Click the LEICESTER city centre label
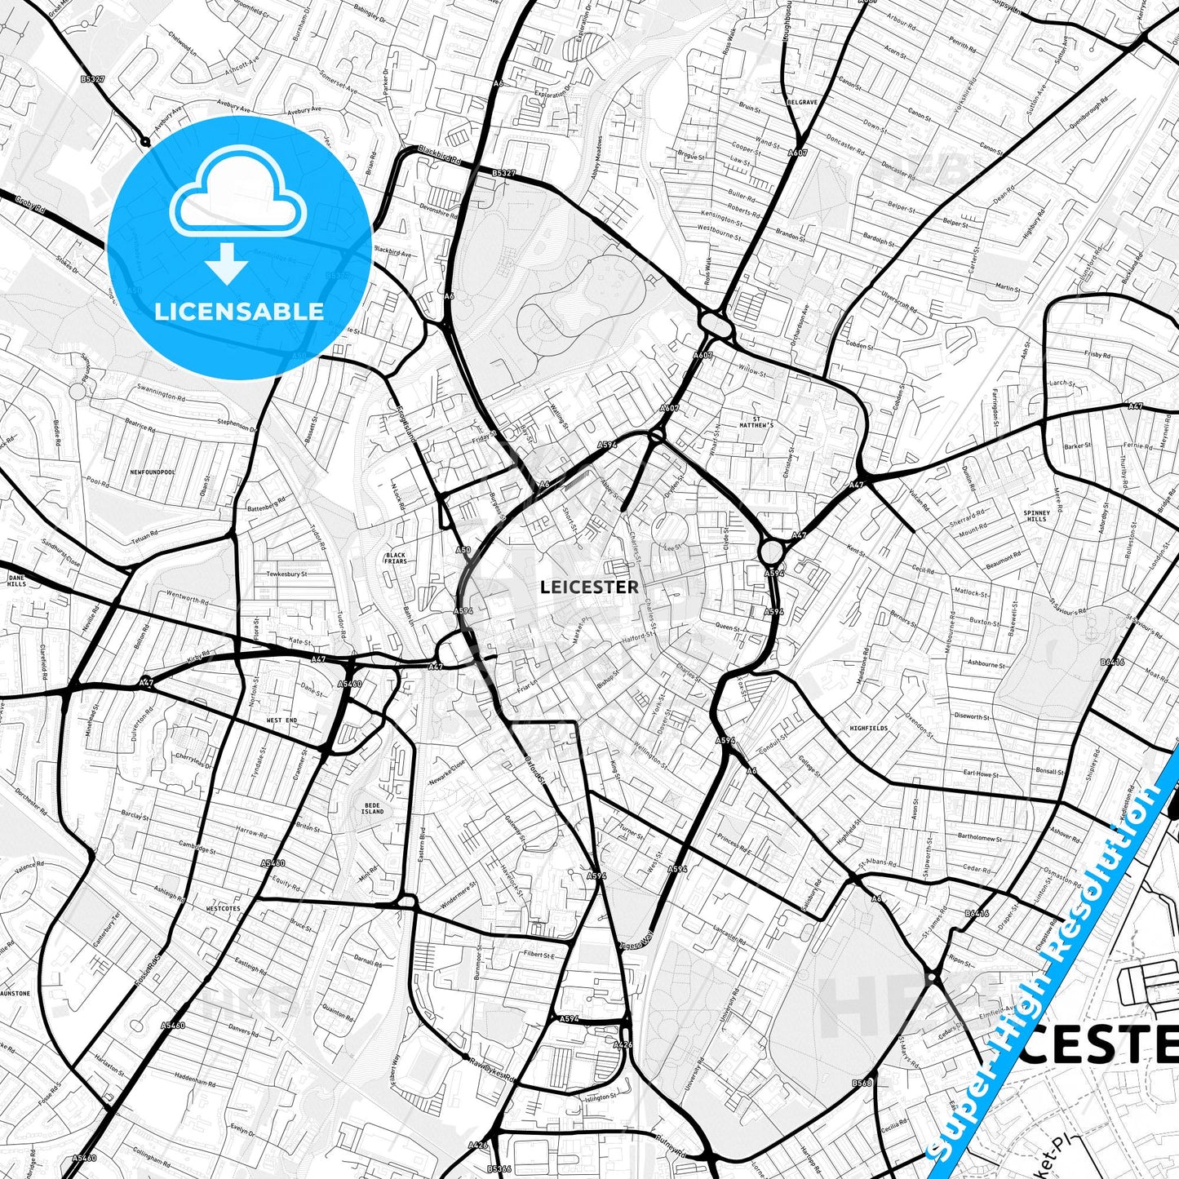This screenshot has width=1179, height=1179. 589,587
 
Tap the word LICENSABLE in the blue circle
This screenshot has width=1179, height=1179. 239,311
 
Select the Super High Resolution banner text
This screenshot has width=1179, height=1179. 1053,963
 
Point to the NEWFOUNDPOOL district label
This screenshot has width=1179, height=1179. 153,472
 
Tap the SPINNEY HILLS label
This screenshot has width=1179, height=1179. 1035,516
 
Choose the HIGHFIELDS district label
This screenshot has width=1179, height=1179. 868,728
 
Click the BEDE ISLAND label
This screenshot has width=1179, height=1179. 372,808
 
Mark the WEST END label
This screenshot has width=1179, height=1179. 281,720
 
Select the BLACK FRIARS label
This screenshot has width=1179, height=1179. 396,558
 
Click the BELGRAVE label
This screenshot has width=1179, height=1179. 803,102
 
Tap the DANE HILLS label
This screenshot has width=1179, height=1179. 16,580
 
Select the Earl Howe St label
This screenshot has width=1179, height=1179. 981,773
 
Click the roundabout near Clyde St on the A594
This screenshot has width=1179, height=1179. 770,552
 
